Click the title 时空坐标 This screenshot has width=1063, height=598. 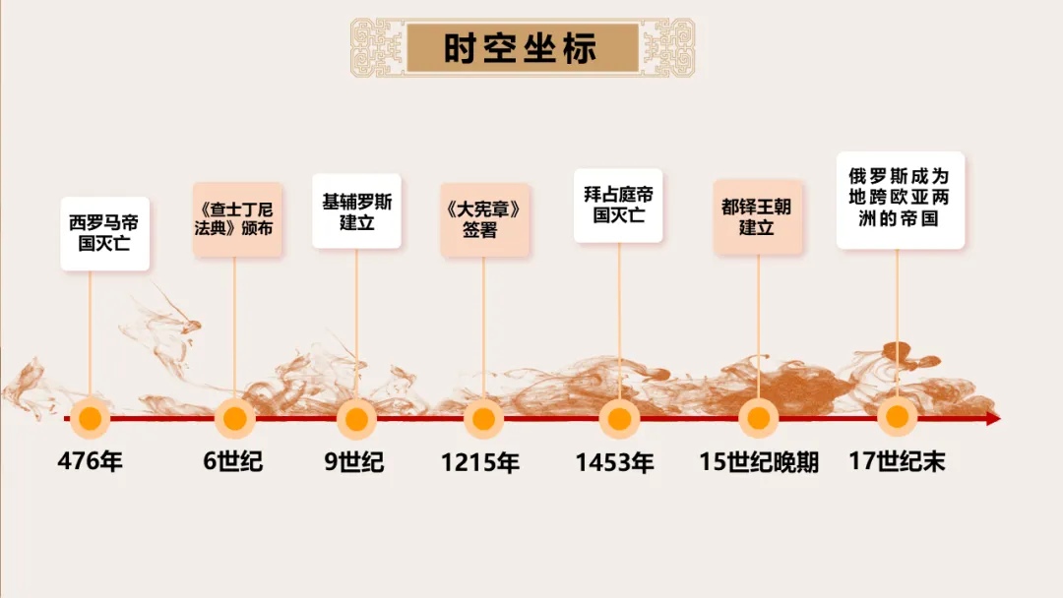click(x=520, y=47)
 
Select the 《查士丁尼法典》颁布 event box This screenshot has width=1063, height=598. click(x=236, y=219)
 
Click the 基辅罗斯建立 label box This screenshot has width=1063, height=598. click(x=356, y=211)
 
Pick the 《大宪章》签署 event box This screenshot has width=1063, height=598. click(x=483, y=220)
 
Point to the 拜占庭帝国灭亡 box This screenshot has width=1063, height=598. click(x=618, y=205)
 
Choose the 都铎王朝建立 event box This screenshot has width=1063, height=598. click(x=757, y=217)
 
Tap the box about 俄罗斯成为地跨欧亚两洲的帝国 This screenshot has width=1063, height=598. click(x=900, y=199)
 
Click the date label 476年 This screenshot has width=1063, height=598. click(x=91, y=461)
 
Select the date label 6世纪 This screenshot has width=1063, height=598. click(x=233, y=461)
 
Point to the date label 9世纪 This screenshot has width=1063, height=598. click(x=354, y=461)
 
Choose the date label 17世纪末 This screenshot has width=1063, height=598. click(x=897, y=461)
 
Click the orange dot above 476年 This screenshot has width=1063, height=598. click(x=91, y=418)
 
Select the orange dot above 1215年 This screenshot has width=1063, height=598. click(x=483, y=419)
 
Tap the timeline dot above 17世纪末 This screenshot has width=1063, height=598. click(x=897, y=417)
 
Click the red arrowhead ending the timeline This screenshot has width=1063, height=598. click(x=992, y=418)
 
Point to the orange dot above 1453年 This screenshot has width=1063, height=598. click(x=619, y=419)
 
